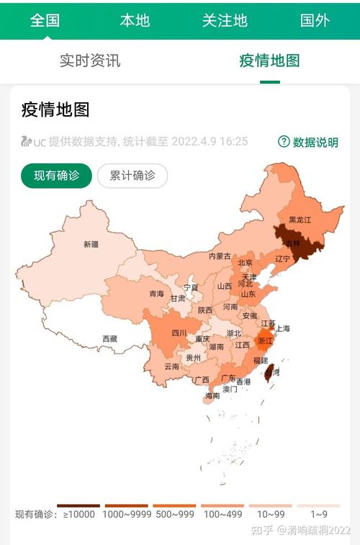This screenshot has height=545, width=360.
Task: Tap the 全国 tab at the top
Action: coord(45,20)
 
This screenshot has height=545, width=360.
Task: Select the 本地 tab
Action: coord(135,20)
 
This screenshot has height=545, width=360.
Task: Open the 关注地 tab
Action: coord(225,20)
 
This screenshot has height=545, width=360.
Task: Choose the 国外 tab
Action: coord(315,20)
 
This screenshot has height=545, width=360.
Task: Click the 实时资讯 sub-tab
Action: coord(90,60)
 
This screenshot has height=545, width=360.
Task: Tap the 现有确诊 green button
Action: coord(57,176)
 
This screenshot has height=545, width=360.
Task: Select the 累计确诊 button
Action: coord(132,176)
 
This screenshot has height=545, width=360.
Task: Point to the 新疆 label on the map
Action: coord(91,244)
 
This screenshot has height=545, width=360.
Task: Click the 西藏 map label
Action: coord(109,338)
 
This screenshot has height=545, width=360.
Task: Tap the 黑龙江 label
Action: coord(300,220)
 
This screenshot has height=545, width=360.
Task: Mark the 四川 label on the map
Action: coord(179,333)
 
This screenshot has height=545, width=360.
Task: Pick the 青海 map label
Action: coord(156,294)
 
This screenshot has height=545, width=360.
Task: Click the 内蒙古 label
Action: coord(220,256)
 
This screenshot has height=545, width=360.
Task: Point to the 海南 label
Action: coord(212,396)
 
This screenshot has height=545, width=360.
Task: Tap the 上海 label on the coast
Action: coord(282,328)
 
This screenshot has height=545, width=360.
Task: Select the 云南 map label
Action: coord(172,366)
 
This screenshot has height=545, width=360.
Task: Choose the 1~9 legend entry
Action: coord(319,514)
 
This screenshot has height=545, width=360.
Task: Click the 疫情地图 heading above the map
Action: coord(55,110)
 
